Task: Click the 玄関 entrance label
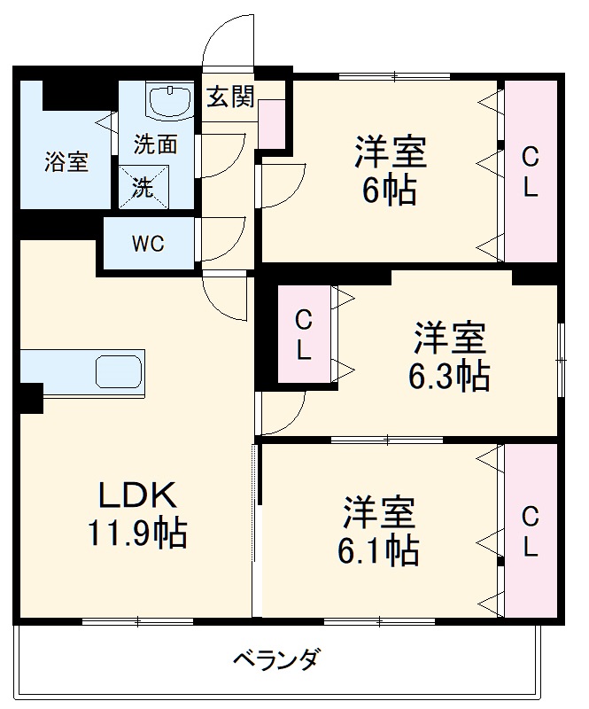tap(230, 97)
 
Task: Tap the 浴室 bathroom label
tap(66, 162)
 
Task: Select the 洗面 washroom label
tap(156, 142)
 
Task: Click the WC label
tap(148, 244)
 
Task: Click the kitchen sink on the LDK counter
tap(119, 370)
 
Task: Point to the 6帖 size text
tap(390, 190)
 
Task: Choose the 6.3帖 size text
tap(449, 377)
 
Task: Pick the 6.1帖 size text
tap(378, 550)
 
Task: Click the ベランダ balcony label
tap(275, 660)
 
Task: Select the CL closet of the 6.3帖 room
tap(303, 333)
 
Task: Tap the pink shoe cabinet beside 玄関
tap(271, 124)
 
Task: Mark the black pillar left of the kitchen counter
tap(29, 397)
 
